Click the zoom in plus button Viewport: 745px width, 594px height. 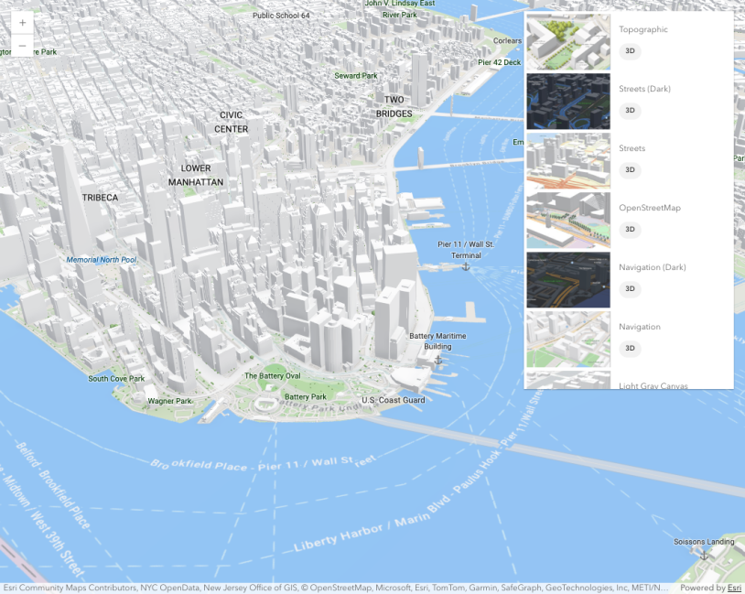click(22, 23)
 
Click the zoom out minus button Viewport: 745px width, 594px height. click(22, 46)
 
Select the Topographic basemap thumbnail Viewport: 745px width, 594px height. click(567, 41)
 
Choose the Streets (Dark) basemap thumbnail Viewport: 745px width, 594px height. click(567, 101)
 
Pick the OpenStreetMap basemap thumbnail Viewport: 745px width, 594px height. click(567, 220)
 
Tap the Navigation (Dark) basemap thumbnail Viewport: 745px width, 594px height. click(567, 279)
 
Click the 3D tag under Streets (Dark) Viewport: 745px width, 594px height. click(630, 111)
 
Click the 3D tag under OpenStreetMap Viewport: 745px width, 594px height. click(630, 230)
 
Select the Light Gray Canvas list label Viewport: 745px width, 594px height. click(653, 385)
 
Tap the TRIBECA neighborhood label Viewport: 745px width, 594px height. click(100, 198)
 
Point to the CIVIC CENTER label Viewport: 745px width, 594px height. click(231, 122)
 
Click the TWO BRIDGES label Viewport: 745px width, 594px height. click(394, 106)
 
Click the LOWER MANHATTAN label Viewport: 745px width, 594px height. click(196, 175)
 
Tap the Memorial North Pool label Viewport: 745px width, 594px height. click(102, 260)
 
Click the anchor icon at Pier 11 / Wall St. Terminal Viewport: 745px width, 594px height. click(465, 266)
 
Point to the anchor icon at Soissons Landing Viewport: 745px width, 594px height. click(704, 555)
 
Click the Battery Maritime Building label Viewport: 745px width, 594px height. click(437, 341)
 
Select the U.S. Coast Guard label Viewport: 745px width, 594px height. click(394, 400)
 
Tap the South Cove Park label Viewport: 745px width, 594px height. click(116, 378)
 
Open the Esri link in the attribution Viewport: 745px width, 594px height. click(734, 588)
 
